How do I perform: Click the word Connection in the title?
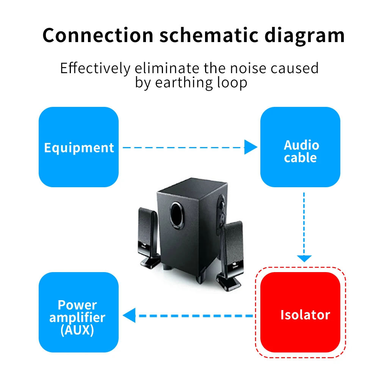tap(98, 35)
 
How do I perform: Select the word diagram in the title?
tap(305, 36)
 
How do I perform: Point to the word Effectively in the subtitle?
tap(95, 68)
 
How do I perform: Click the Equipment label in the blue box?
tap(79, 148)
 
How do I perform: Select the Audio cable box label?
tap(301, 151)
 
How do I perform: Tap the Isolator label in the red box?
tap(305, 315)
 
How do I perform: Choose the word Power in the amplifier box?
tap(77, 305)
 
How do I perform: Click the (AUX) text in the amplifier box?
tap(77, 330)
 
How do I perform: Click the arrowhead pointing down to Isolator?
tap(304, 258)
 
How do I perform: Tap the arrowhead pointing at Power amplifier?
tap(129, 315)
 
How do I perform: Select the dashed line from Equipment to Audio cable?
tap(183, 147)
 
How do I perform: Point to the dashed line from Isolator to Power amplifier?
tap(194, 316)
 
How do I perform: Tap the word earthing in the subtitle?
tap(183, 83)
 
